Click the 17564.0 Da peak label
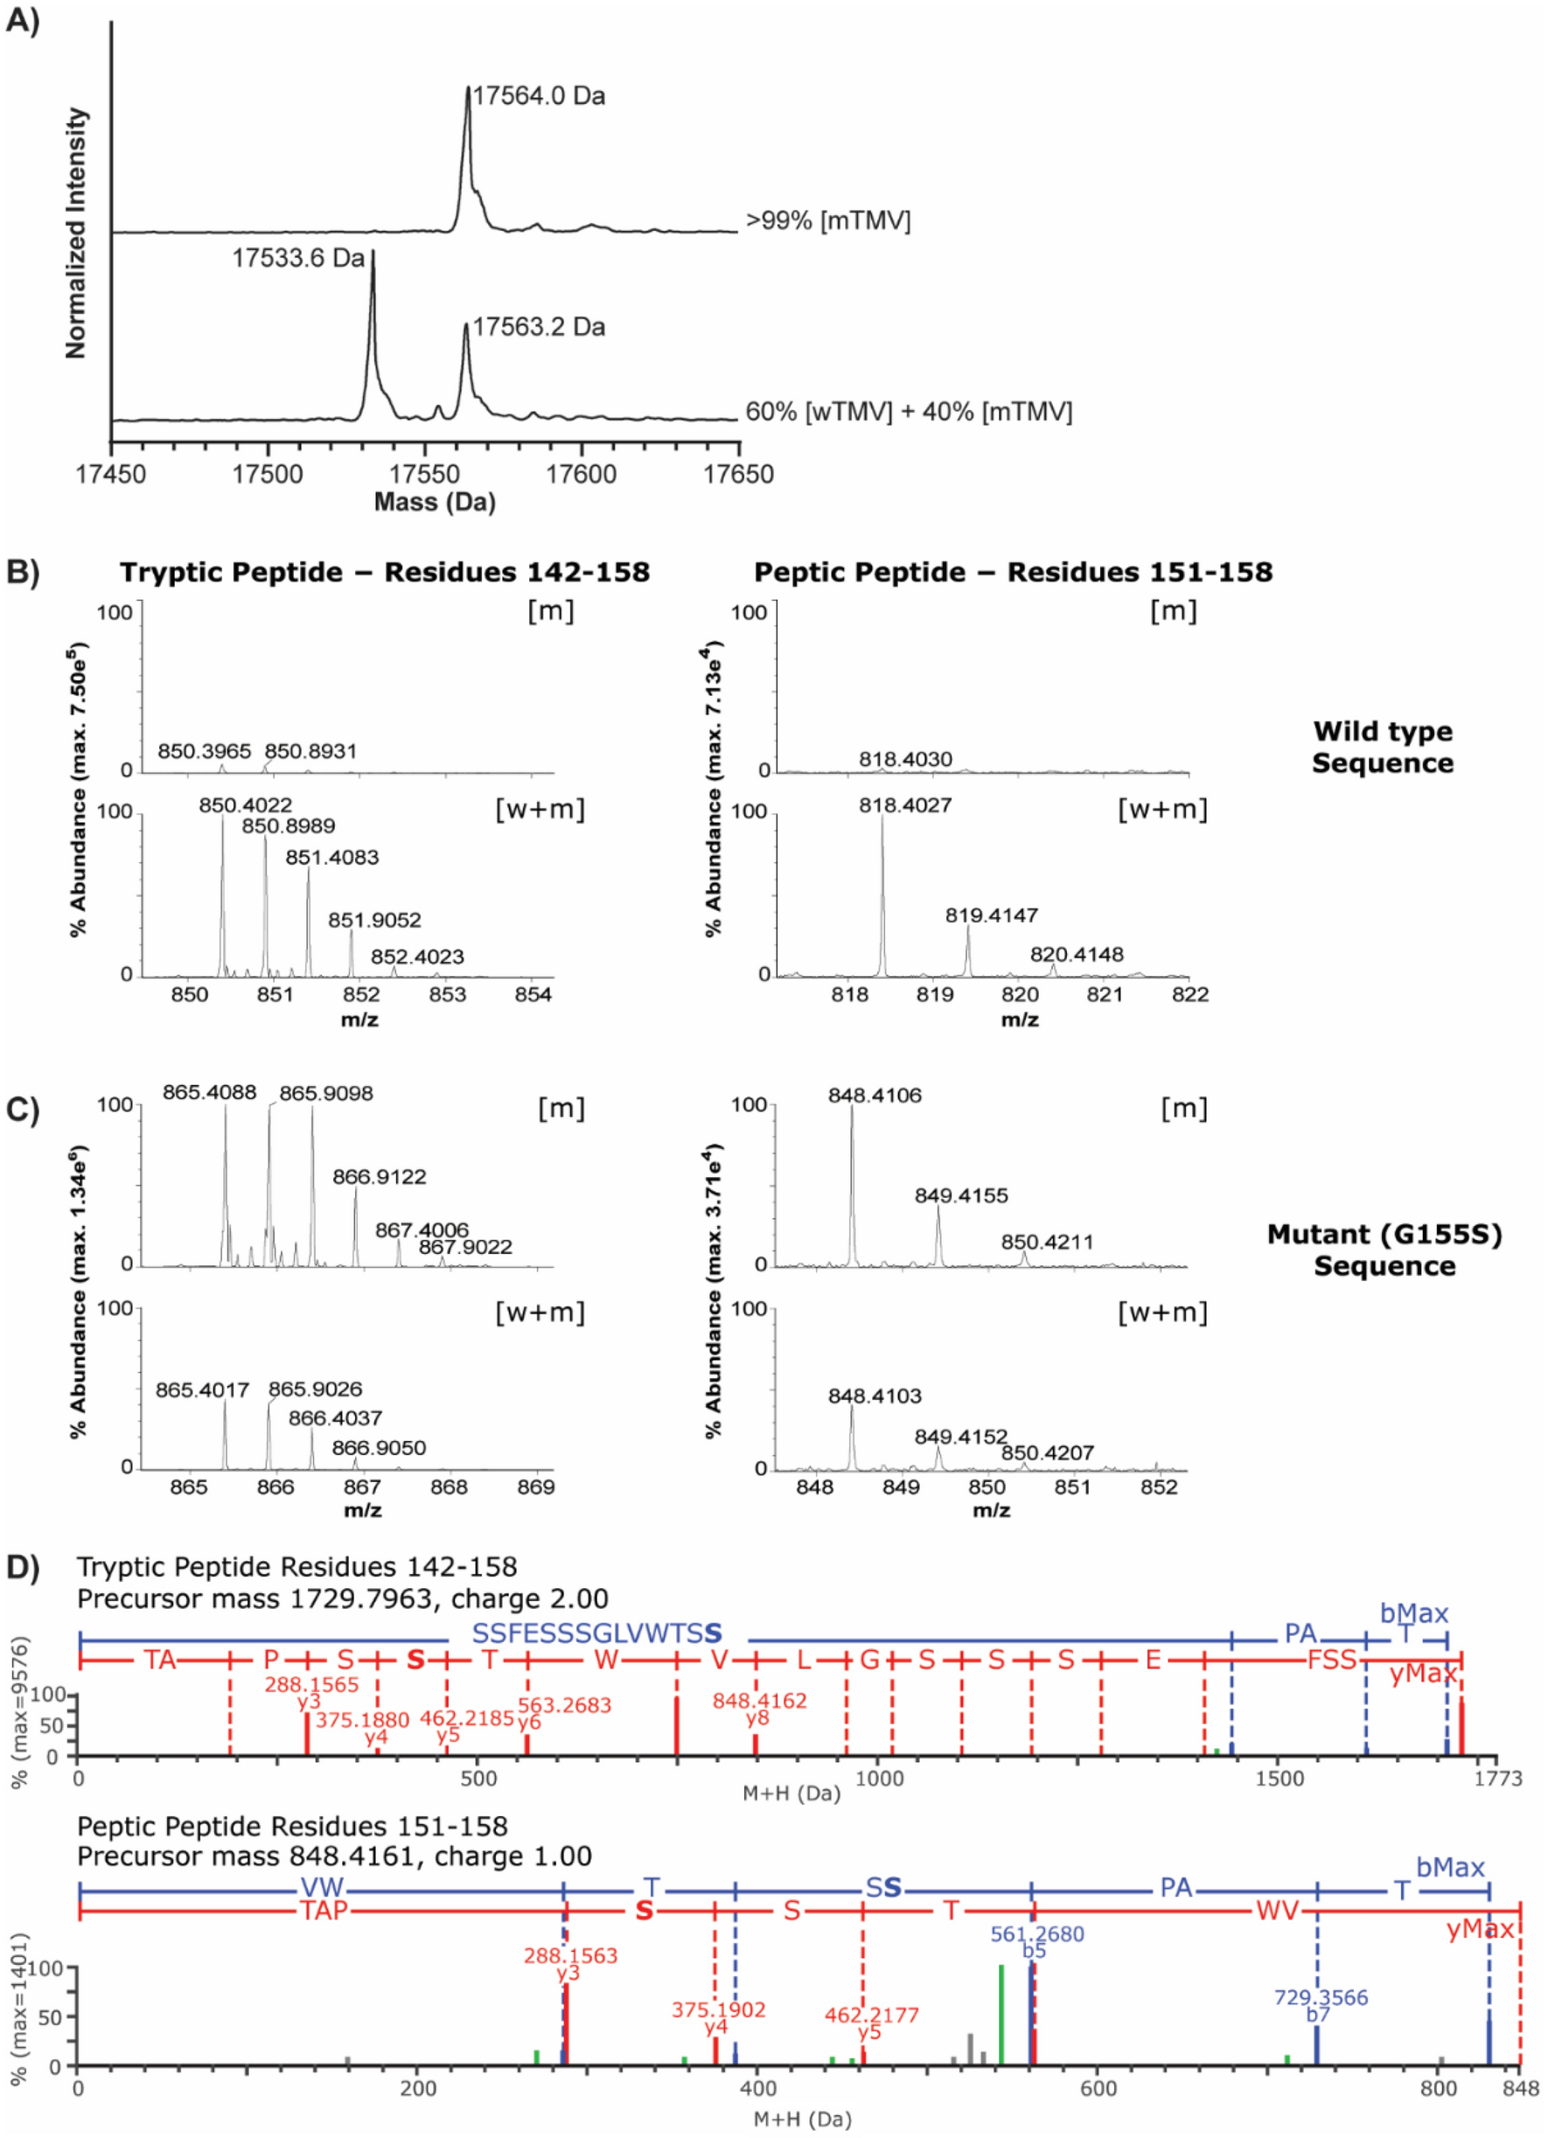tap(539, 96)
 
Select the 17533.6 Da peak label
tap(298, 258)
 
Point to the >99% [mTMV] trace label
tap(827, 221)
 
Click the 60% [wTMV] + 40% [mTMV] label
tap(909, 412)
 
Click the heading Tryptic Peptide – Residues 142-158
tap(385, 572)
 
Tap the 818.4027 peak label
tap(906, 806)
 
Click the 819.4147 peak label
tap(992, 916)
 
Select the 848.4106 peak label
tap(875, 1096)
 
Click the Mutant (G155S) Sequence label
tap(1384, 1249)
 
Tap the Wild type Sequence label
tap(1383, 747)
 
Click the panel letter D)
tap(23, 1566)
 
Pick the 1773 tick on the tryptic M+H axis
tap(1498, 1779)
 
